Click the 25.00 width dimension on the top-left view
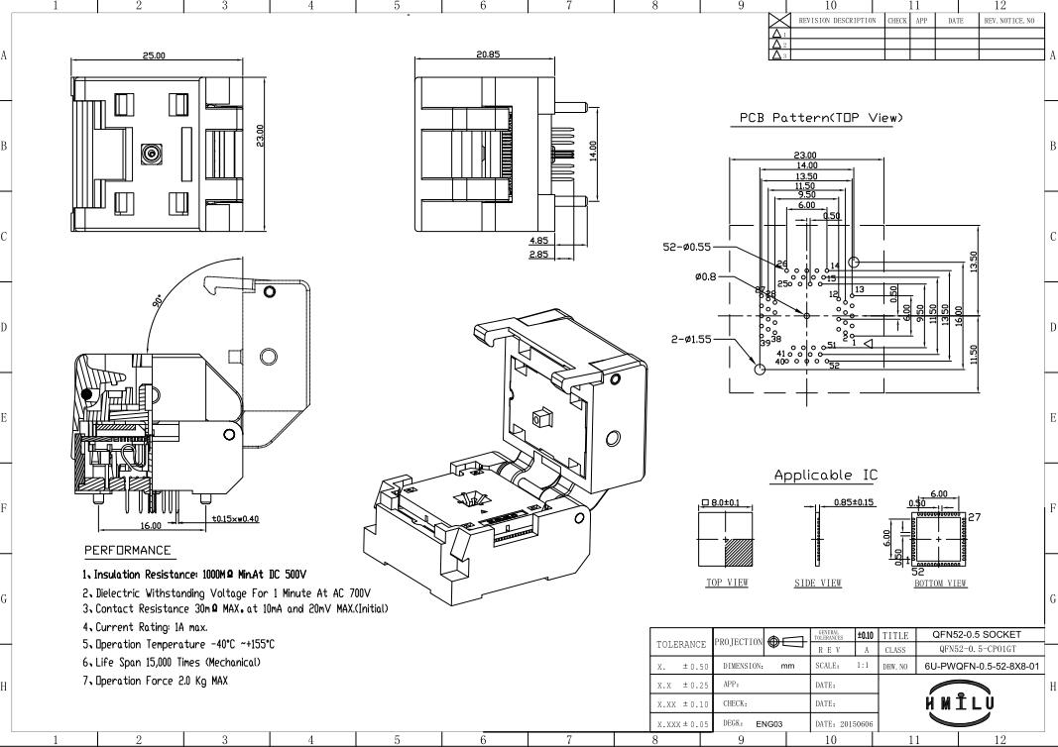154,55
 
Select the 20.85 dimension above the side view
487,53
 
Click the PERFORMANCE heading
127,550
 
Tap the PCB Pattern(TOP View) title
822,118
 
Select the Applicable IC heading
825,476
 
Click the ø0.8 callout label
709,276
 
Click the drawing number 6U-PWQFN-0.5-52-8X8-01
982,666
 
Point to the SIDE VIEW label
818,583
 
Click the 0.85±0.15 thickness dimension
855,502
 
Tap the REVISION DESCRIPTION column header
837,20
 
